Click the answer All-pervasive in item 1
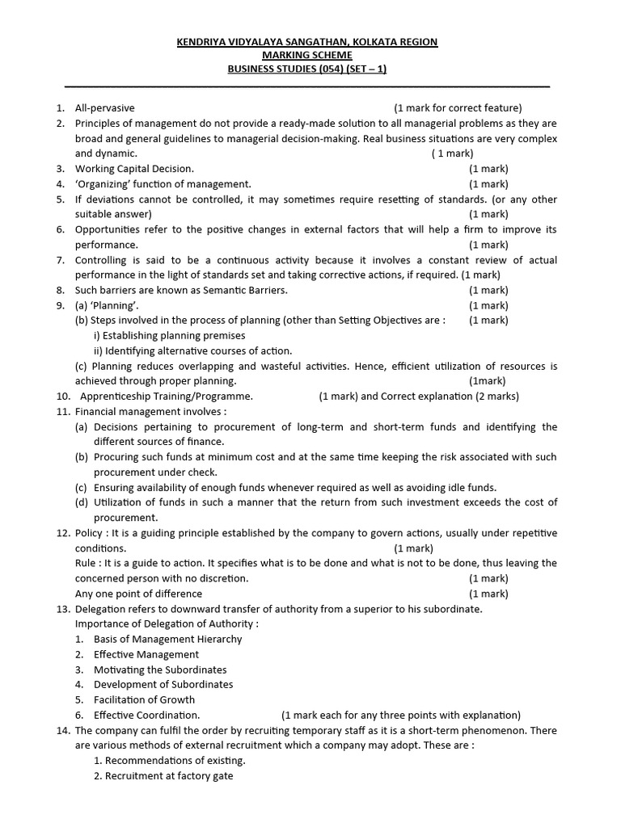click(x=105, y=108)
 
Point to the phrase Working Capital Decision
click(x=134, y=169)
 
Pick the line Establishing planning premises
click(x=170, y=335)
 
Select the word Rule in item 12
click(x=87, y=563)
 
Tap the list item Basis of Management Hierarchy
click(x=167, y=639)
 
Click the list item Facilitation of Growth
click(x=144, y=699)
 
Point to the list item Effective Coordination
click(x=146, y=715)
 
